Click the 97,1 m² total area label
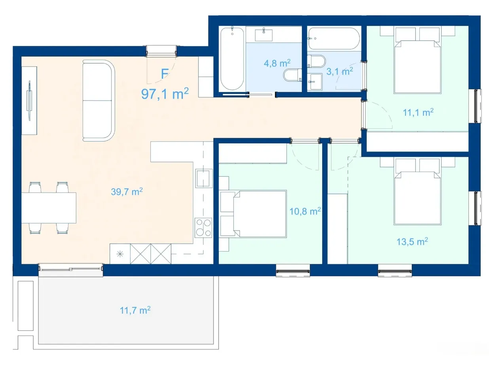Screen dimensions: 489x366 tap(165, 93)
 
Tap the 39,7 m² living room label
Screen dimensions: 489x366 tap(127, 192)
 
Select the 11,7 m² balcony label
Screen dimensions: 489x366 tap(135, 310)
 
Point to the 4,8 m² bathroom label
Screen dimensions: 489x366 tap(277, 63)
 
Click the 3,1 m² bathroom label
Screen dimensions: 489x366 tap(339, 71)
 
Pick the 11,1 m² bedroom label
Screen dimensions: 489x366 tap(418, 112)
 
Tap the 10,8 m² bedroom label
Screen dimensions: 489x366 tap(305, 211)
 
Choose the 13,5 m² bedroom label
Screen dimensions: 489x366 tap(412, 242)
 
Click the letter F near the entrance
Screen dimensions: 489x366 tap(165, 74)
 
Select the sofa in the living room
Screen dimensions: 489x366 tap(99, 100)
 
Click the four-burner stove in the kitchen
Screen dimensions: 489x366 tap(203, 228)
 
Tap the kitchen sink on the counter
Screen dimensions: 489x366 tap(204, 178)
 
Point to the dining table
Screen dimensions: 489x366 tap(49, 208)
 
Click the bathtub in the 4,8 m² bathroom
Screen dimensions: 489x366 tap(232, 59)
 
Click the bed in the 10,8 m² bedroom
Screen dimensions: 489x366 tap(260, 214)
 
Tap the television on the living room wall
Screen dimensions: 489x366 tap(29, 101)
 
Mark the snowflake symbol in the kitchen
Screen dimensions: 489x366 tap(120, 254)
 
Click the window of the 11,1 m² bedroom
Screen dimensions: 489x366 tap(476, 106)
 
